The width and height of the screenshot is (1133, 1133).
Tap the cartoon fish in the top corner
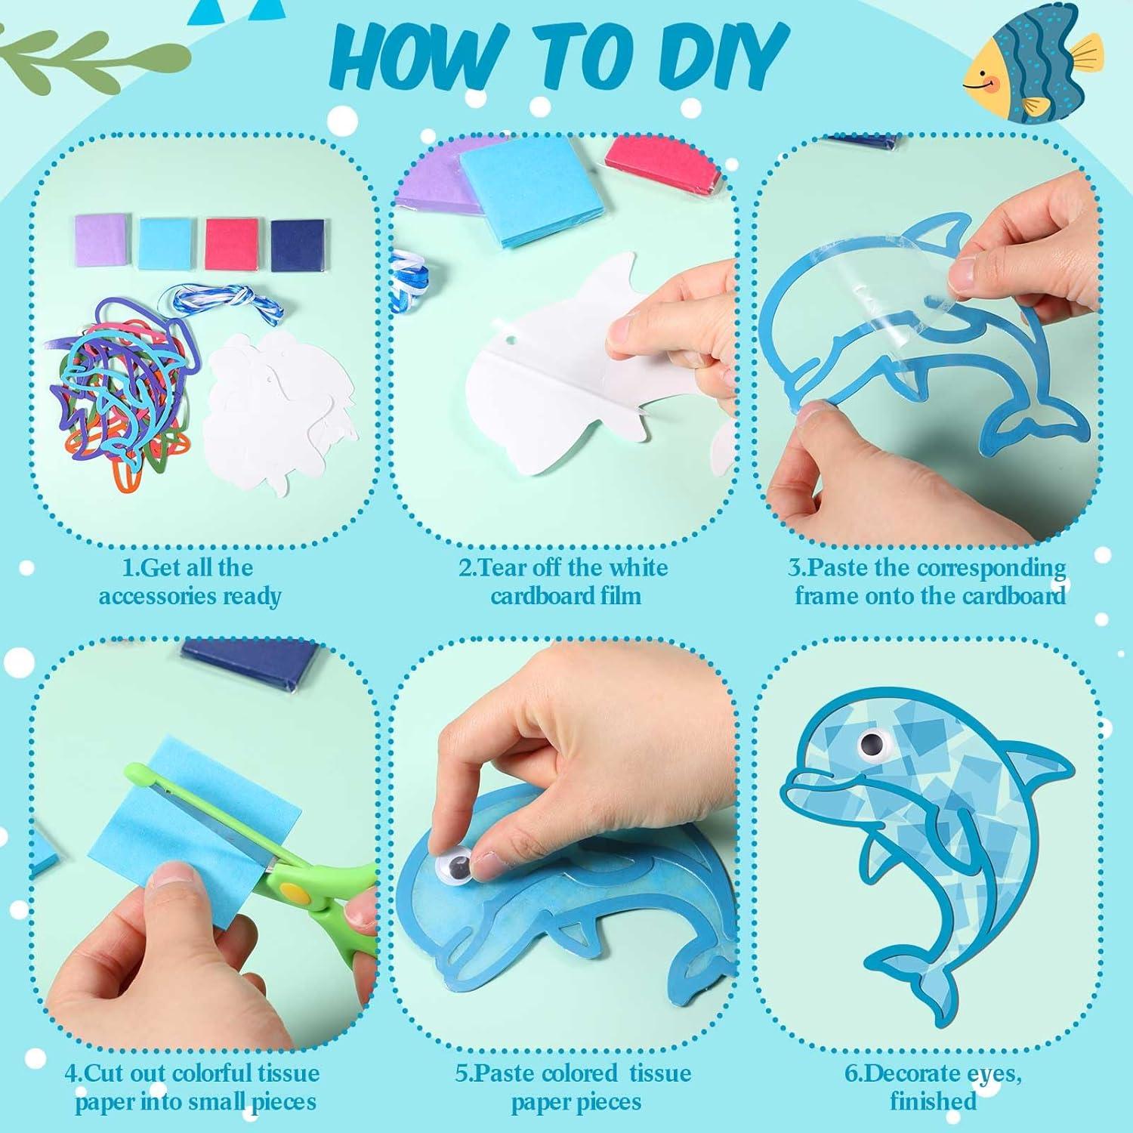click(1031, 63)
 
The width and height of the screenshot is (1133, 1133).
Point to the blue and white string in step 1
click(227, 302)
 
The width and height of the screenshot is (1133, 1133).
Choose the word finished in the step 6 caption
click(933, 1101)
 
